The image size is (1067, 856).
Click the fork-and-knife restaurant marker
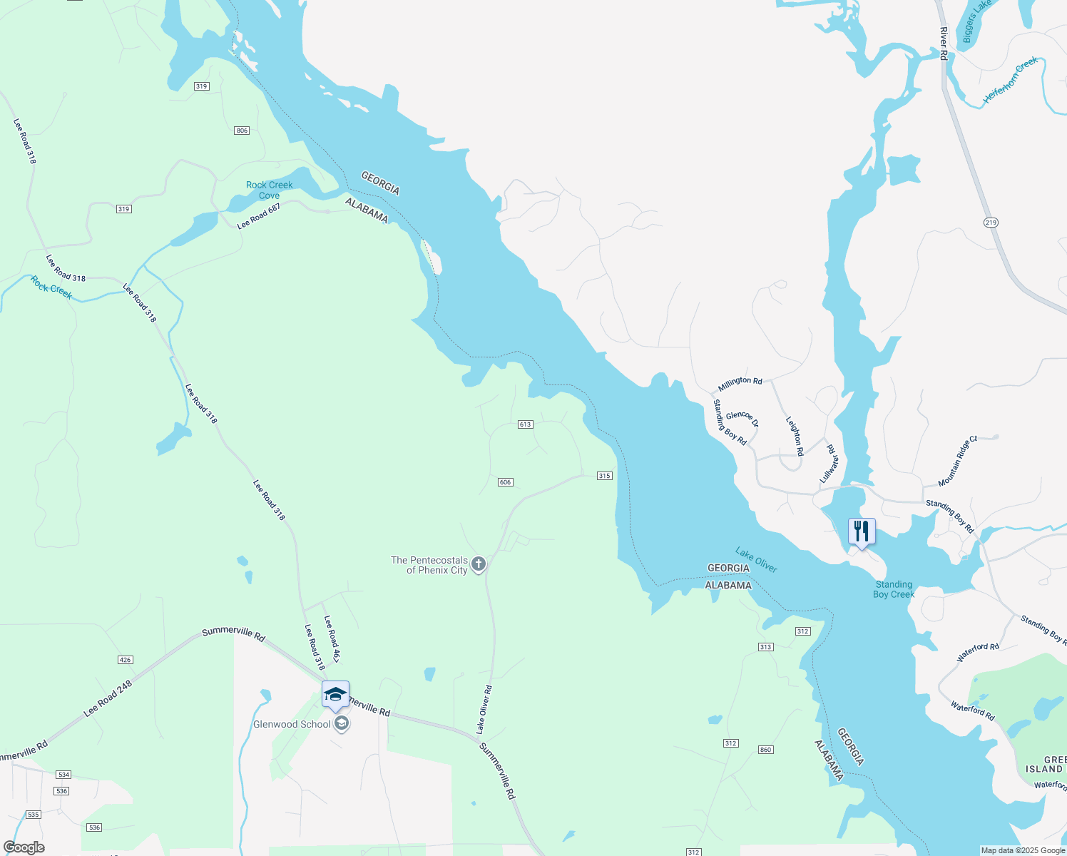pos(862,531)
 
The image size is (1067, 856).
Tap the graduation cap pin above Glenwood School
pos(335,694)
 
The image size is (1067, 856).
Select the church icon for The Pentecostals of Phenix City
pos(479,565)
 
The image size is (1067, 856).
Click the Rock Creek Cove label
pos(269,190)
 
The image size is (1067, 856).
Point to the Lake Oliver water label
pos(756,560)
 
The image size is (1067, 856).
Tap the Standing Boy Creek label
pos(893,589)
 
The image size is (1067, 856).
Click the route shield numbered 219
pos(990,223)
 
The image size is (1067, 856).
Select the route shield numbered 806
pos(242,131)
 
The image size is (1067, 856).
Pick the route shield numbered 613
pos(525,424)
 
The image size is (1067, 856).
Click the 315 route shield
pos(604,476)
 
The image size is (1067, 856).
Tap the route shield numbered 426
pos(125,660)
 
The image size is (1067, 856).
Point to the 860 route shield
pos(765,750)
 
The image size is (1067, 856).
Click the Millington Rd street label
pos(740,383)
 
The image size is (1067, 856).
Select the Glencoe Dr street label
pos(742,419)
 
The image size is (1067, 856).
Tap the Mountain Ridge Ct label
pos(957,462)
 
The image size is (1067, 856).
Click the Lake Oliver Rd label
pos(484,710)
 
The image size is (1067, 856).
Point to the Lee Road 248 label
pos(108,698)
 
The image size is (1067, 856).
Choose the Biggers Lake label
pos(976,21)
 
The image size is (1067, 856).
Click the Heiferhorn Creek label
pos(1011,81)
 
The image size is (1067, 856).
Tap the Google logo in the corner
pos(24,847)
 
